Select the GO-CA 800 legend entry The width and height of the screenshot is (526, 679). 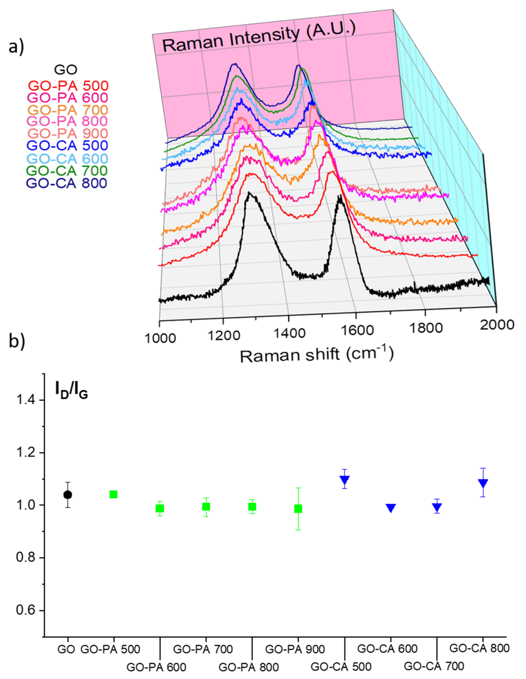click(66, 183)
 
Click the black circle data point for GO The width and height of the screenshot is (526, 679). click(67, 495)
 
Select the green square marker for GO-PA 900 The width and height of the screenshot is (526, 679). click(298, 509)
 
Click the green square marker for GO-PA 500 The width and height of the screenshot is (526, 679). click(113, 494)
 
